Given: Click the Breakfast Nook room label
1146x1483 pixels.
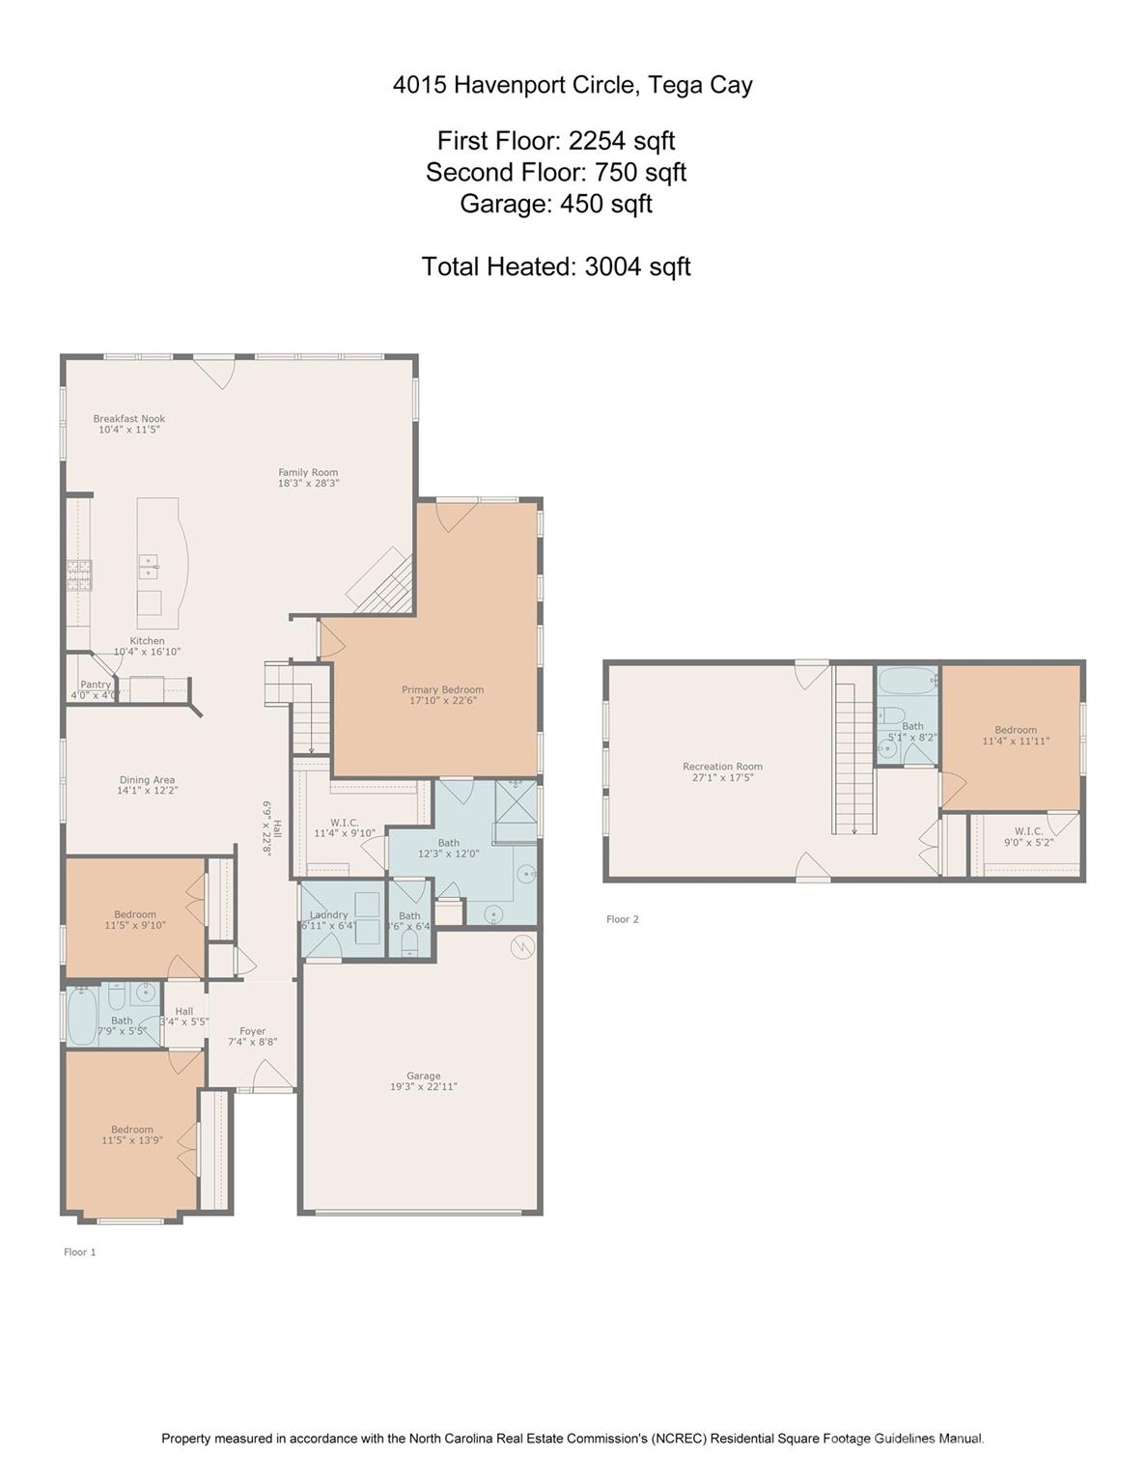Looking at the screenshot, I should tap(128, 419).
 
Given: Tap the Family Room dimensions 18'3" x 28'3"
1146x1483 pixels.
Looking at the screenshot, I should tap(308, 484).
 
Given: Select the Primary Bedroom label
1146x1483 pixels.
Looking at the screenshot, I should tap(442, 689).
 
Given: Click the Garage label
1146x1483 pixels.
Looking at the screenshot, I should tap(423, 1076).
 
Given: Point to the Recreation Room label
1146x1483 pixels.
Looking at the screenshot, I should tap(722, 767).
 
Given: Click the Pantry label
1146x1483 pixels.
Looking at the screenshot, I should tap(96, 685).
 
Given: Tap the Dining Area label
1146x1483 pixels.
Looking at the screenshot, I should tap(147, 780).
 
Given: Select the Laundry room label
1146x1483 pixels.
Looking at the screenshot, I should tap(328, 915).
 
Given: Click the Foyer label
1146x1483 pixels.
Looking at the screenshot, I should tap(252, 1031).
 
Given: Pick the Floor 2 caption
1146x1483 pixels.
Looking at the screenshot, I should tap(622, 919).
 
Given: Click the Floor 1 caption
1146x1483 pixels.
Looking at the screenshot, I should tap(80, 1252).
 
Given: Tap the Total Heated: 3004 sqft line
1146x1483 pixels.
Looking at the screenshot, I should tap(556, 266).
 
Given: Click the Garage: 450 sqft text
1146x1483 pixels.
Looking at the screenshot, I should tap(556, 204).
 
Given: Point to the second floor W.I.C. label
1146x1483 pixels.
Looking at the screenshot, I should tap(1028, 831).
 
